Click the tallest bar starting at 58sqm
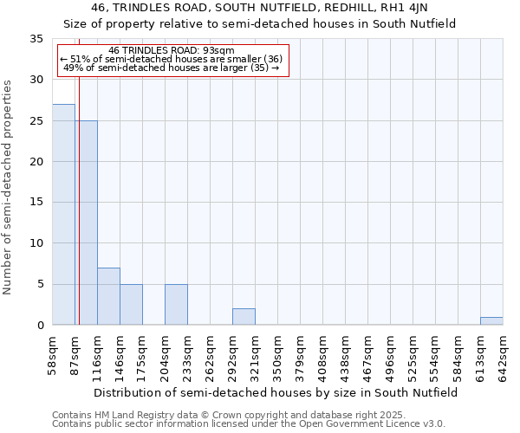click(63, 215)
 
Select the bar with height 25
click(86, 223)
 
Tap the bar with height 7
click(108, 296)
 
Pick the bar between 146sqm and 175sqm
click(131, 305)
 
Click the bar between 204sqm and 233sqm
click(176, 305)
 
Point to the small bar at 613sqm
click(491, 320)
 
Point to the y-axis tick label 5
click(39, 285)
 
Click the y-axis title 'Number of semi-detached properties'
click(9, 187)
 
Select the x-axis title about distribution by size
click(276, 392)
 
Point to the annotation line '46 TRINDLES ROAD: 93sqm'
click(172, 51)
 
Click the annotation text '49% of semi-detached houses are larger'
click(172, 68)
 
